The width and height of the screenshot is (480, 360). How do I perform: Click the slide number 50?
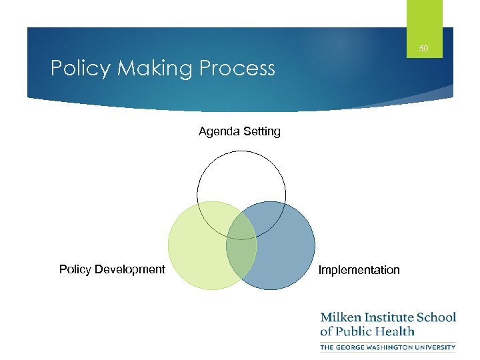click(x=423, y=48)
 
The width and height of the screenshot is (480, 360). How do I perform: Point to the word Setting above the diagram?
click(x=261, y=132)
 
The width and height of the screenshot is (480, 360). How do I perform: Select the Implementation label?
click(x=359, y=270)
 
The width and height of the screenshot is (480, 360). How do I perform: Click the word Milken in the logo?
click(x=344, y=317)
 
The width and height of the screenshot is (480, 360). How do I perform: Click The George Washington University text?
click(x=387, y=347)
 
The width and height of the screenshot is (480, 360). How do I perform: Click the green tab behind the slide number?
click(x=424, y=17)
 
